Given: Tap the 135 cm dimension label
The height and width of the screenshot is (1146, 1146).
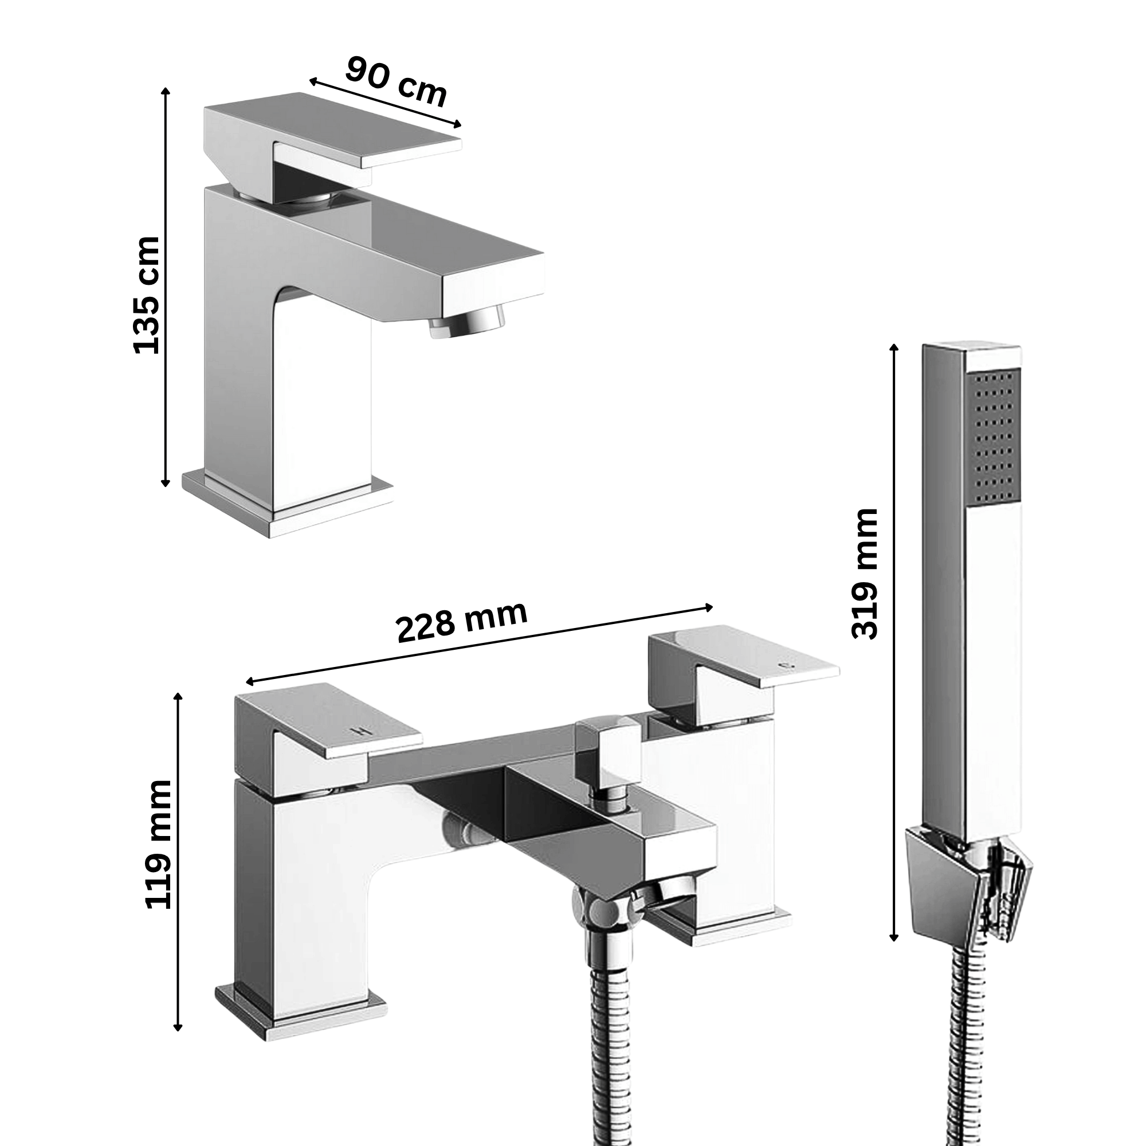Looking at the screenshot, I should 147,295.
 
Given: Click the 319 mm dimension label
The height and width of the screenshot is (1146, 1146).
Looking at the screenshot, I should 864,574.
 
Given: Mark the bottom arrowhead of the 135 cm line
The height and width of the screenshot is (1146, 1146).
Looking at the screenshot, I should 166,483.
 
